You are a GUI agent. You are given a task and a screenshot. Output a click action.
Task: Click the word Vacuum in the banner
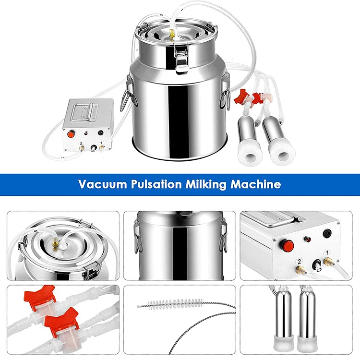click(102, 184)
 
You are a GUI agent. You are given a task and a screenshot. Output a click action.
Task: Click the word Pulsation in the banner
click(156, 184)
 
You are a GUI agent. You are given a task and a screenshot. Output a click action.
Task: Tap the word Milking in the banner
click(206, 185)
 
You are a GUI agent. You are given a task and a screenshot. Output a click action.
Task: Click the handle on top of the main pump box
click(84, 112)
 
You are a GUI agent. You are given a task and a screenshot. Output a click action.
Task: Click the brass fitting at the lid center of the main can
click(171, 33)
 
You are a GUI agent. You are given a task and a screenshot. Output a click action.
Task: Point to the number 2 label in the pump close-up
click(299, 262)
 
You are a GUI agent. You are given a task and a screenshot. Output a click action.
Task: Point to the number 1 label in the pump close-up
click(327, 253)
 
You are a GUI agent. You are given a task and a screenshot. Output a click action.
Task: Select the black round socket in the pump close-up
click(327, 233)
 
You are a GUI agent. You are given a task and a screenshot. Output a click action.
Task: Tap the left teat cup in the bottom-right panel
click(283, 319)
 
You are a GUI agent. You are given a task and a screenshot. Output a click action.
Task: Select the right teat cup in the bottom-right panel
click(308, 319)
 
